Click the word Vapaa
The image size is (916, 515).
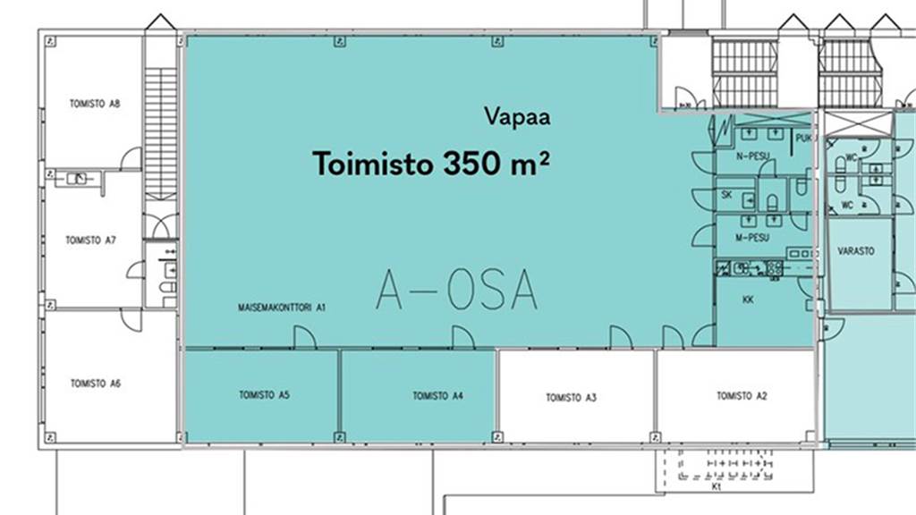pos(517,115)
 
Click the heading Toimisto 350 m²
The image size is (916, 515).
pos(430,164)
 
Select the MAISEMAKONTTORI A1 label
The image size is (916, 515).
pos(281,307)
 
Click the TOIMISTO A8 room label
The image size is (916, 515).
pos(94,104)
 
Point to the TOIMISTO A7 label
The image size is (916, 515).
pos(91,241)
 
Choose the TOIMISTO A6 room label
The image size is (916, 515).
pos(95,384)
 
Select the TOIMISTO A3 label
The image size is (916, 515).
pos(571,398)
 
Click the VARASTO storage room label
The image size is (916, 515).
pos(855,252)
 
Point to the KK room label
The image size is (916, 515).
pos(748,300)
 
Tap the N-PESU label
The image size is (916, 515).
pos(752,156)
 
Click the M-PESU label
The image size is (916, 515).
pos(752,238)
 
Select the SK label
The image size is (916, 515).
pos(727,194)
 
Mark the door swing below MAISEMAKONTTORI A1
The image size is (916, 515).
pos(304,336)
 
